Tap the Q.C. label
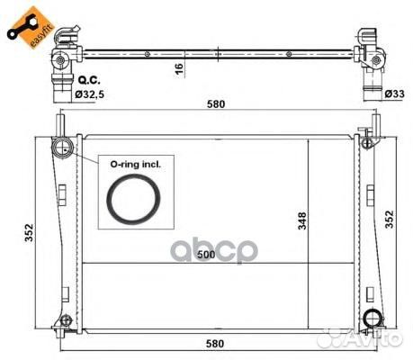coord(89,80)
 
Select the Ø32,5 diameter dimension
coord(89,94)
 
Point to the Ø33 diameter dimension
coord(394,94)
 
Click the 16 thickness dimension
coord(179,68)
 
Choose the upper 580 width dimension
coord(216,104)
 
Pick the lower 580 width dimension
coord(215,344)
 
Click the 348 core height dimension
coord(302,220)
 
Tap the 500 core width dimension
coord(206,255)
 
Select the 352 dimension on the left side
coord(29,232)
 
